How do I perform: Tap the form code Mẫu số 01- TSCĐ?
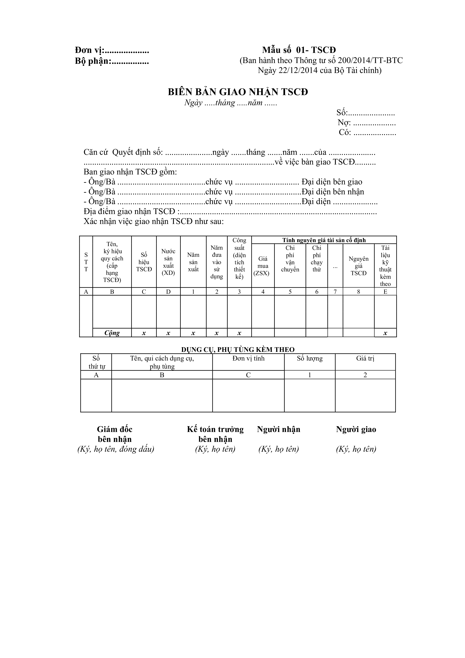299,50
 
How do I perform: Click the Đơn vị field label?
90,50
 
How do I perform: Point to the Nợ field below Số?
366,123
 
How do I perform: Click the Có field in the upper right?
367,132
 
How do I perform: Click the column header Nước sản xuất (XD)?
168,262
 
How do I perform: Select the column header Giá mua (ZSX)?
263,266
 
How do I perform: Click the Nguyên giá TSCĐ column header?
359,266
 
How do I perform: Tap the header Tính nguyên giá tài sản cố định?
324,240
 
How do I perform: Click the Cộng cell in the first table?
112,333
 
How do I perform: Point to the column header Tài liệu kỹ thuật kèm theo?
385,266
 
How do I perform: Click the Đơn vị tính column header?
248,358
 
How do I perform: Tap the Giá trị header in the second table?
365,358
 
